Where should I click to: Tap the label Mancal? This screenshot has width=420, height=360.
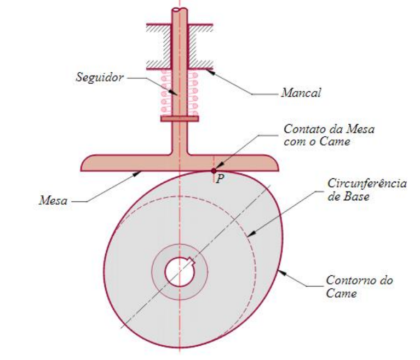tap(301, 93)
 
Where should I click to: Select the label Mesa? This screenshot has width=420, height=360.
tap(53, 200)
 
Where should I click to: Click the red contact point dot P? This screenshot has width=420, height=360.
tap(214, 171)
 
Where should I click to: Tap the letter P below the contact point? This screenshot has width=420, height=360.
tap(219, 179)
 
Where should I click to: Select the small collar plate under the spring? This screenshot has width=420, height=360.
tap(179, 118)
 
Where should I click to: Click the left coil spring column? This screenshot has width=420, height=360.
tap(165, 92)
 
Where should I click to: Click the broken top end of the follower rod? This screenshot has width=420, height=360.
tap(179, 10)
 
